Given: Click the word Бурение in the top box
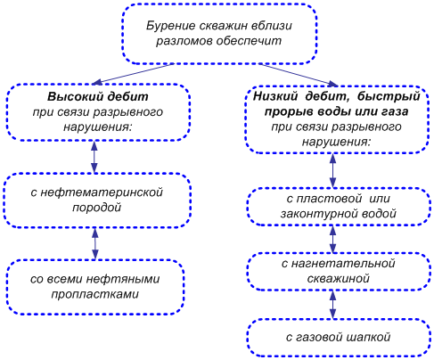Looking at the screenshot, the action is pyautogui.click(x=170, y=26).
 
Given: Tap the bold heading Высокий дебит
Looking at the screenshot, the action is pyautogui.click(x=98, y=97).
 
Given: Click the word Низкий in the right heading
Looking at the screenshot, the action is pyautogui.click(x=275, y=96).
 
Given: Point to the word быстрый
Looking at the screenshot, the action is pyautogui.click(x=389, y=97).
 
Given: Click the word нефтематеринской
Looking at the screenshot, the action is pyautogui.click(x=102, y=192).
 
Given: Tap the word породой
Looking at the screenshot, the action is pyautogui.click(x=97, y=207).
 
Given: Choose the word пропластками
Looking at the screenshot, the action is pyautogui.click(x=95, y=294).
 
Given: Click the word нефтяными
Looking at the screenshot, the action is pyautogui.click(x=123, y=279).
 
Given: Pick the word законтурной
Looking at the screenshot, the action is pyautogui.click(x=320, y=214).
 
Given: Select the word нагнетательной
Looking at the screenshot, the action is pyautogui.click(x=343, y=264).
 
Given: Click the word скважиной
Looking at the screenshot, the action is pyautogui.click(x=339, y=279).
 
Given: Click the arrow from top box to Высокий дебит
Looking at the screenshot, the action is pyautogui.click(x=132, y=74).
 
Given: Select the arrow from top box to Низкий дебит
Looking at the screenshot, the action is pyautogui.click(x=299, y=74).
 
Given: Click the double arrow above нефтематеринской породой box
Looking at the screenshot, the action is pyautogui.click(x=94, y=157).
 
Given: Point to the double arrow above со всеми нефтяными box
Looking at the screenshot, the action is pyautogui.click(x=95, y=243).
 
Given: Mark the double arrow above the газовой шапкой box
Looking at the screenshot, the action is pyautogui.click(x=333, y=305).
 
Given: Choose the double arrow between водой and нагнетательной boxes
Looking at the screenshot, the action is pyautogui.click(x=333, y=239).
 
